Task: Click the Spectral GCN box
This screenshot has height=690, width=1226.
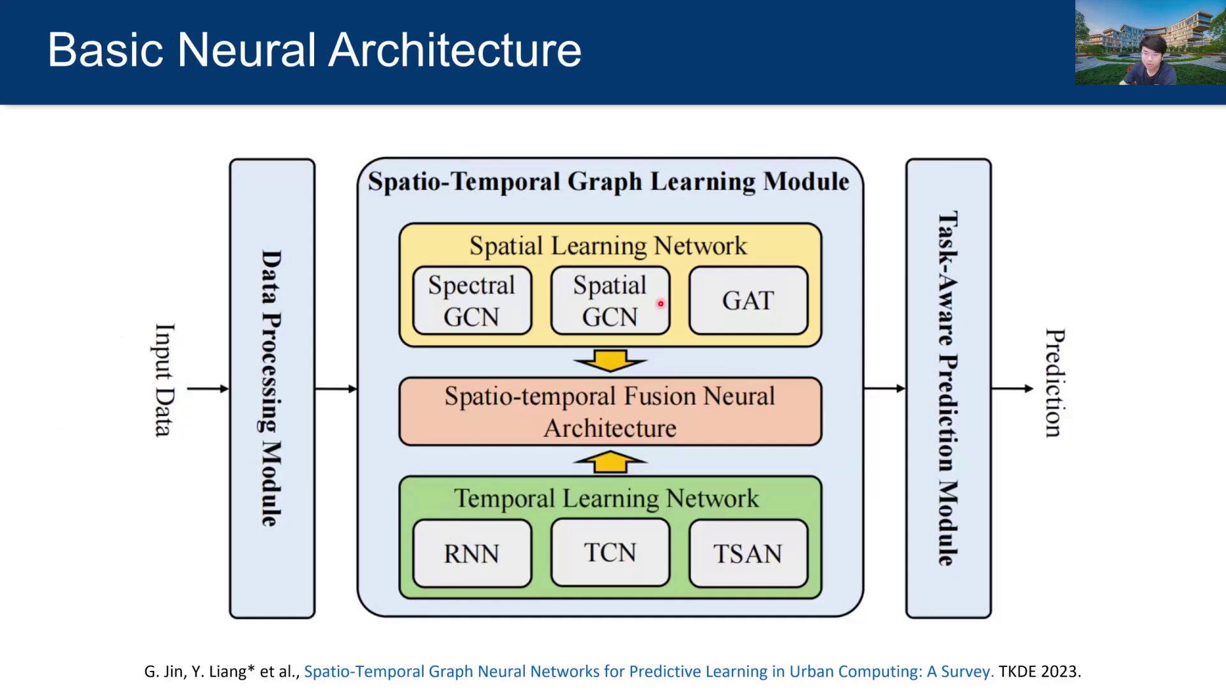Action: [472, 300]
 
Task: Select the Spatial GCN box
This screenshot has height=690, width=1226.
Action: [610, 300]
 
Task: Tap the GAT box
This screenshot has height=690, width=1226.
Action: [748, 300]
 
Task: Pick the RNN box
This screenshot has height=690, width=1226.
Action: [472, 553]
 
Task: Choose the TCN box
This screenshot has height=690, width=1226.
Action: [610, 552]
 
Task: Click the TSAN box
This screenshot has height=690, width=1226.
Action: [748, 553]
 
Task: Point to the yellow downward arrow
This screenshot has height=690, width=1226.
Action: [610, 361]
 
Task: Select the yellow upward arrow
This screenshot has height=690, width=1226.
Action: [610, 461]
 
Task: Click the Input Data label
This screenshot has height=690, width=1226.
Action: [164, 380]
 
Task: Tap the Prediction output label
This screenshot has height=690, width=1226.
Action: [1054, 383]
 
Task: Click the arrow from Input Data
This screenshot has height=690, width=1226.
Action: [208, 388]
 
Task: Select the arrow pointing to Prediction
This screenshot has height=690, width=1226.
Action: [1012, 388]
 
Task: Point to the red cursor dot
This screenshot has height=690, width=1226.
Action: [661, 303]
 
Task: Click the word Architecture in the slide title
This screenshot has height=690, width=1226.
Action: [455, 50]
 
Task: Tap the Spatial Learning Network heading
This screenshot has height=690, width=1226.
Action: [608, 246]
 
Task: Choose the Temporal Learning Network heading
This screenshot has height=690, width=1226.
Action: [607, 498]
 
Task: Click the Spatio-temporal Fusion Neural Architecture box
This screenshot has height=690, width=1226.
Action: [610, 411]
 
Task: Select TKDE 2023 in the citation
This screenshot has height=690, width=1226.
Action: [1040, 671]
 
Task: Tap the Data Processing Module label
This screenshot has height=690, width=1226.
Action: [271, 388]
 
